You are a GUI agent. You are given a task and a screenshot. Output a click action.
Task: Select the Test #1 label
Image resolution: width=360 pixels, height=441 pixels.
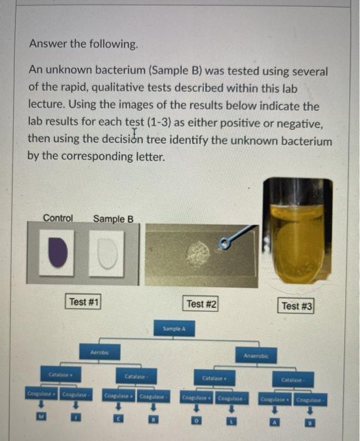pos(84,302)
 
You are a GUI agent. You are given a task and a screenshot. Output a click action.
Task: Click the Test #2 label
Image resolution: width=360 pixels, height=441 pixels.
pos(202,304)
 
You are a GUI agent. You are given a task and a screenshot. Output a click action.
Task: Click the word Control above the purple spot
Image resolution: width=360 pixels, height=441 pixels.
pos(58,218)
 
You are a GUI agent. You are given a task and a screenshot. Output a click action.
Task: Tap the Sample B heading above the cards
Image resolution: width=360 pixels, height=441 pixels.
pos(113,219)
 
